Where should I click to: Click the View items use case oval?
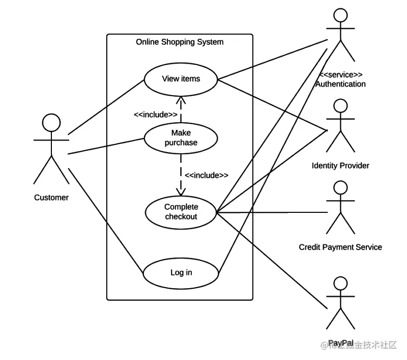click(x=181, y=79)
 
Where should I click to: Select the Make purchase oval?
click(x=181, y=138)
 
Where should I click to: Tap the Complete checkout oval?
click(x=181, y=212)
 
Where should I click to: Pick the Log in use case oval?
click(x=181, y=272)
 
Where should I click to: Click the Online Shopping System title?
click(x=179, y=42)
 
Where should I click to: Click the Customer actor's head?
click(x=51, y=122)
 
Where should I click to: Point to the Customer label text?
click(x=51, y=198)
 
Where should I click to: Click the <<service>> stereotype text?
click(x=340, y=75)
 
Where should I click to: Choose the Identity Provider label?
click(x=340, y=165)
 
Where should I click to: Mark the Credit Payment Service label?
click(x=340, y=247)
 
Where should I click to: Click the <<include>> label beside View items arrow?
click(x=155, y=115)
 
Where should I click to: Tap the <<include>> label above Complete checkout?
click(x=206, y=175)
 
